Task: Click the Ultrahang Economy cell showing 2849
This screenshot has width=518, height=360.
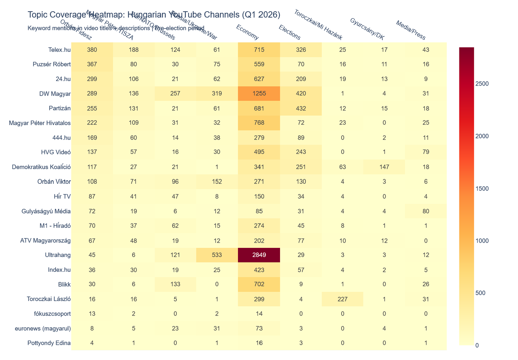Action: pos(259,255)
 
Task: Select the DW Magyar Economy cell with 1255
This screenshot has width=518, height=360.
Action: pos(259,94)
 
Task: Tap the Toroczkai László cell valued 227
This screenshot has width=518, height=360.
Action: pos(343,299)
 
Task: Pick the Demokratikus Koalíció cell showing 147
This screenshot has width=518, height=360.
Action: pos(384,167)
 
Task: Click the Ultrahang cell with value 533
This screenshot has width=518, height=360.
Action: pos(217,255)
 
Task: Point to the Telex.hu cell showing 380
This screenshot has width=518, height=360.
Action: pos(92,50)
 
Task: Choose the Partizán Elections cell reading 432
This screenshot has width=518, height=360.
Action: pos(301,108)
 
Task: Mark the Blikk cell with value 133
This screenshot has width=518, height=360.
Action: pos(175,284)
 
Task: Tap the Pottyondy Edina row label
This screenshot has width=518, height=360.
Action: pos(49,343)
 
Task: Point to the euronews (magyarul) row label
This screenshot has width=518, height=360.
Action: pos(43,328)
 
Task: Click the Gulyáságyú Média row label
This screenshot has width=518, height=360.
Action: pos(46,211)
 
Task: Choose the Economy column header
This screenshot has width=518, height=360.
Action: pos(248,33)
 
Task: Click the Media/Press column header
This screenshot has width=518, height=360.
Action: pos(411,30)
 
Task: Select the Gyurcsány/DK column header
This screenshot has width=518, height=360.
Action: pos(367,29)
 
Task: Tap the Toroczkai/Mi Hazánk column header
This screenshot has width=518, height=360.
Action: pos(318,25)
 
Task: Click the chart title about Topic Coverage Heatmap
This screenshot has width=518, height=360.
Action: pos(154,15)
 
